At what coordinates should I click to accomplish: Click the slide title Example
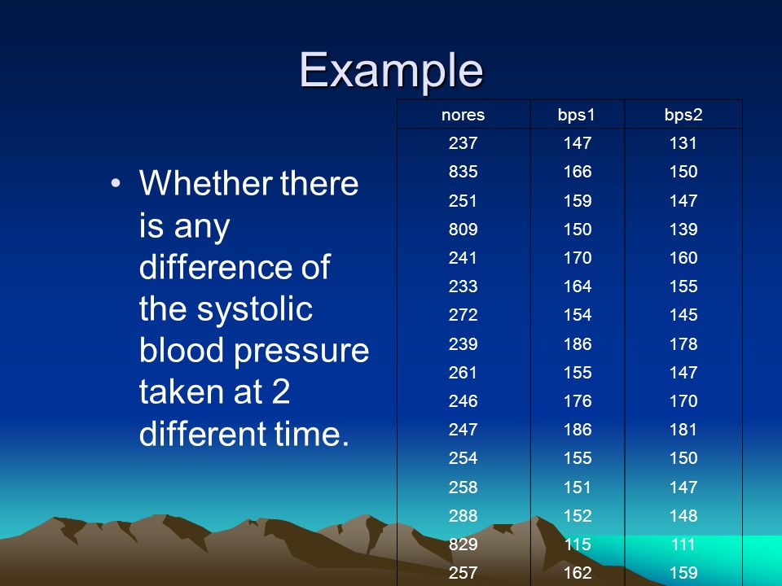pos(391,70)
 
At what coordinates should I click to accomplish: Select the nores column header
pos(463,115)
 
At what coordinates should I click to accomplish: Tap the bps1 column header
pos(577,116)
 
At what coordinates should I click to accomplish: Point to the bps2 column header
pos(683,116)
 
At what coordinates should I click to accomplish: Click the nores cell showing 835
pos(463,172)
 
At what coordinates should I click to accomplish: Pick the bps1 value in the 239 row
pos(578,343)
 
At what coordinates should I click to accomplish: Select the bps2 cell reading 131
pos(683,143)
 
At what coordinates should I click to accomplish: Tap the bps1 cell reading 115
pos(578,544)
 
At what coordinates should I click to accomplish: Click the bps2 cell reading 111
pos(683,544)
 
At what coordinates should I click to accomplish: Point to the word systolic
pos(254,310)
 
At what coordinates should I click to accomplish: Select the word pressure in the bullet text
pos(301,350)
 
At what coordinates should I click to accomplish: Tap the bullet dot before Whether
pos(116,183)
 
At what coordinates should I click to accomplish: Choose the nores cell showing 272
pos(463,314)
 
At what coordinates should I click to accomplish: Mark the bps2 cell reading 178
pos(683,343)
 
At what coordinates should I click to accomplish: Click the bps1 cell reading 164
pos(578,286)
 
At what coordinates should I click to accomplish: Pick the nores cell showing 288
pos(463,516)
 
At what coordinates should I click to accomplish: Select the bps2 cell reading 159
pos(683,572)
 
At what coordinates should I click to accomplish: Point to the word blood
pos(181,349)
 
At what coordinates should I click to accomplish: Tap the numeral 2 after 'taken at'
pos(281,391)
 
